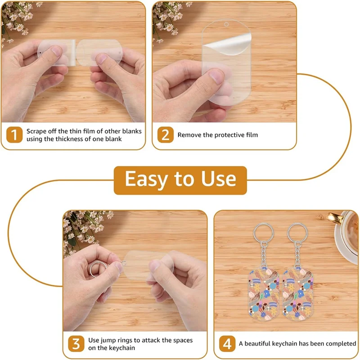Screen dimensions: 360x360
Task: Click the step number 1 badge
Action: (x=14, y=135)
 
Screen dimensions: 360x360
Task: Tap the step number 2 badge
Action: (x=165, y=135)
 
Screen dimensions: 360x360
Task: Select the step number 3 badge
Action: (x=76, y=344)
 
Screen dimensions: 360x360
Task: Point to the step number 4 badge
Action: (x=227, y=344)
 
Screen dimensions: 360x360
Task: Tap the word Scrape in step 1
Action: (x=37, y=131)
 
